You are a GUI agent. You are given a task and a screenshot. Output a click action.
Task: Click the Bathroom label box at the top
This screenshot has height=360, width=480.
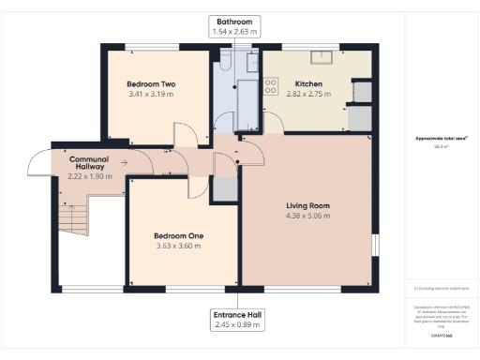[x=236, y=26]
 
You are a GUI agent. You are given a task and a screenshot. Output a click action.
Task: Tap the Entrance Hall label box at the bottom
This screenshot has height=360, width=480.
[x=236, y=320]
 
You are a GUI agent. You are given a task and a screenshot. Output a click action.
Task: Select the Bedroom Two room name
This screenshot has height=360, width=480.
[x=151, y=84]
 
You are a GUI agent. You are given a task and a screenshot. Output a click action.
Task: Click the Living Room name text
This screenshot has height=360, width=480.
[x=307, y=205]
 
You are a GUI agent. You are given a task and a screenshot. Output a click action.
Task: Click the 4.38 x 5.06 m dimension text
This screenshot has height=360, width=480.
[x=307, y=217]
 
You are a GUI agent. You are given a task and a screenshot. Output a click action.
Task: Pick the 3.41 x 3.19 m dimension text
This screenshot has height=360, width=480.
[x=151, y=95]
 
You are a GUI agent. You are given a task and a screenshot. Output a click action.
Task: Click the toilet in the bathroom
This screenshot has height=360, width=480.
[x=225, y=65]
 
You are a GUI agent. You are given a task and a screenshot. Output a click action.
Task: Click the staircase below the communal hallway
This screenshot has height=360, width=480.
[x=73, y=217]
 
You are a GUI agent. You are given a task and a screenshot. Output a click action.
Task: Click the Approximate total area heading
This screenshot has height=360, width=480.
[x=442, y=139]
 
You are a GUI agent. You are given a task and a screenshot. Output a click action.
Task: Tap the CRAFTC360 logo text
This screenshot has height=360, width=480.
[x=442, y=336]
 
